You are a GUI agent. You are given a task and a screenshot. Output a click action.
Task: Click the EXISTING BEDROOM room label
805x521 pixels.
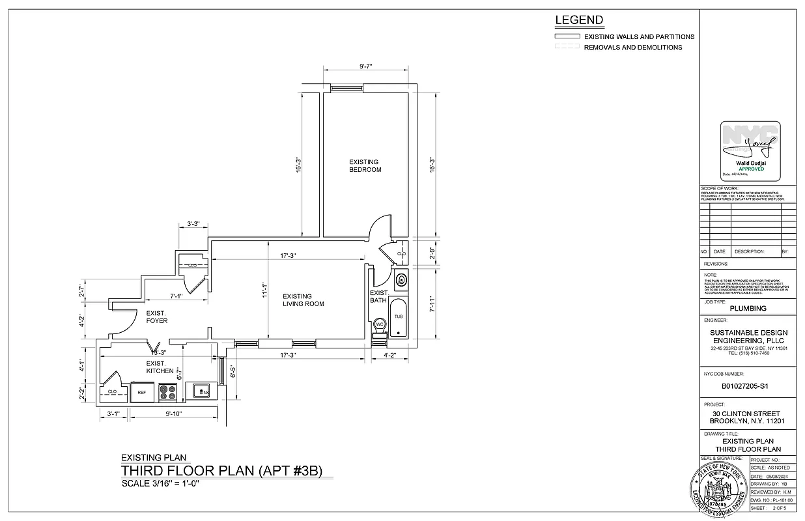365,165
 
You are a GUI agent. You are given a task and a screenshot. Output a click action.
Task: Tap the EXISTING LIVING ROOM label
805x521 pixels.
303,300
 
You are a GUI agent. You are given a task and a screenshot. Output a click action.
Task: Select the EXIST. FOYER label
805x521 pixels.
156,317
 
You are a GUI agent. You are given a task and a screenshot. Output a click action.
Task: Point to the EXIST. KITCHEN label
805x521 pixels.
160,367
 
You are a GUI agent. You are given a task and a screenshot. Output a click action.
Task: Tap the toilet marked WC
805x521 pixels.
379,325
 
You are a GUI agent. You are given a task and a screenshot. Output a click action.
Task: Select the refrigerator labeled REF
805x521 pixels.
142,392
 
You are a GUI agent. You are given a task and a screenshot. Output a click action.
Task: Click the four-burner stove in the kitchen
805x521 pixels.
168,392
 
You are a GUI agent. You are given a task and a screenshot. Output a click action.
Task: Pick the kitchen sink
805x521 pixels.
201,391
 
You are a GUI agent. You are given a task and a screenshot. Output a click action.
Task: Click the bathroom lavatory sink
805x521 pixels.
401,281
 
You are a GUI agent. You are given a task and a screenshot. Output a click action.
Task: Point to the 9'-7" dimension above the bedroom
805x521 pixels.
369,66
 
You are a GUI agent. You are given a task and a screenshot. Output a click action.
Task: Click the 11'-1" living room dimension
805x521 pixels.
266,290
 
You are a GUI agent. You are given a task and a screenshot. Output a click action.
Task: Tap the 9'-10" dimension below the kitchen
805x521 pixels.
173,414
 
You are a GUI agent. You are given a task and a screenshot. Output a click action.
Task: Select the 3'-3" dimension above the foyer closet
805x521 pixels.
193,224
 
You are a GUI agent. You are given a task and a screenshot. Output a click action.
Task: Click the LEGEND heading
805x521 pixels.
579,20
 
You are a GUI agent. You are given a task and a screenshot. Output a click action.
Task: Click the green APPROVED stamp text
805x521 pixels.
750,169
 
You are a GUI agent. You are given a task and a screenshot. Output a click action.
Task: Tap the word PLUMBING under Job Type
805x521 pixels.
748,309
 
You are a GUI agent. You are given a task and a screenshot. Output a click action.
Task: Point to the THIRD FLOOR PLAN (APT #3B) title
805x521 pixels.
221,471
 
